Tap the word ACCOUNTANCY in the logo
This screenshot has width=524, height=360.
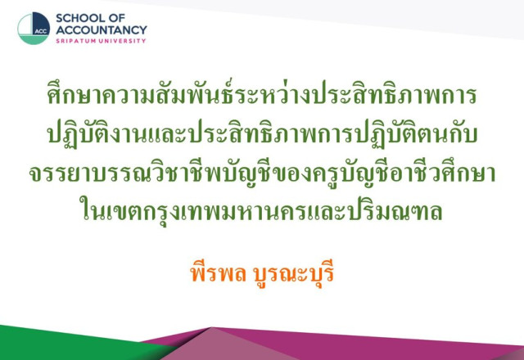tap(102, 30)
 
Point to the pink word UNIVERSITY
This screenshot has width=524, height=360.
tap(120, 41)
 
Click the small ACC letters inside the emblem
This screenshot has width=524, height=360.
tap(41, 31)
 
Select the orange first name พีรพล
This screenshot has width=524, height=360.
tap(218, 272)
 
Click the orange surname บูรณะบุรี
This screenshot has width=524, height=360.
tap(294, 275)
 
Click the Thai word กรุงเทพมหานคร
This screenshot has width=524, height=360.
tap(223, 211)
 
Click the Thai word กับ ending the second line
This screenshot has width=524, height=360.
tap(462, 133)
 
